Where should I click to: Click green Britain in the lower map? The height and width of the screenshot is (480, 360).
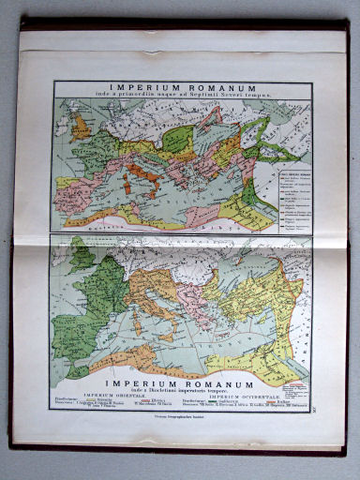[x=82, y=256]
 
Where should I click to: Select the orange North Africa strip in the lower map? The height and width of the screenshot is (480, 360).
[x=112, y=357]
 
